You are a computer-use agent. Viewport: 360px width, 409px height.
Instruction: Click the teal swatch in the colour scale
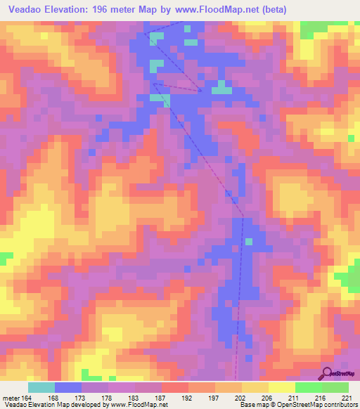point(41,387)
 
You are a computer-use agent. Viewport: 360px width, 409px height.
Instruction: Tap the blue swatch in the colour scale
point(68,387)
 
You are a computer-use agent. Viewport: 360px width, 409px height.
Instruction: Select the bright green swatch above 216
point(308,387)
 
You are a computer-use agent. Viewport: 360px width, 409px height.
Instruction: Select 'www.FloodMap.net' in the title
point(232,9)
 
